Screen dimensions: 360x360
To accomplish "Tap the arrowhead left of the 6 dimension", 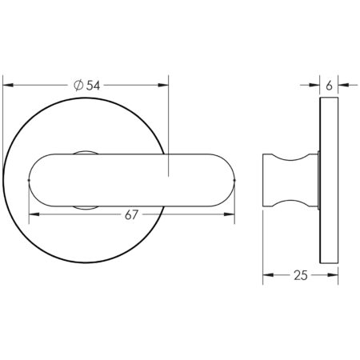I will point(315,82).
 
